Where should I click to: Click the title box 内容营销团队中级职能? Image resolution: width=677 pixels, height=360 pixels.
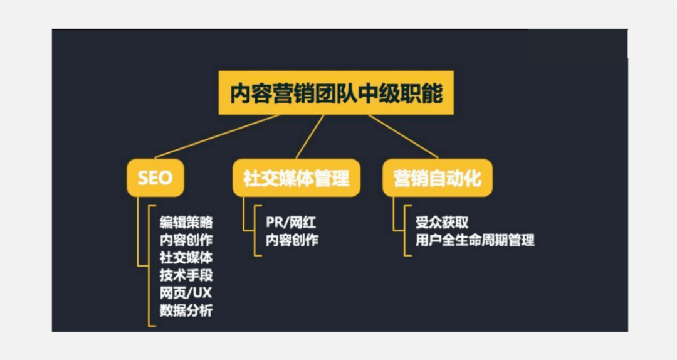point(336,93)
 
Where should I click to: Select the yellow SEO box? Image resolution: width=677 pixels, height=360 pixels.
point(154,177)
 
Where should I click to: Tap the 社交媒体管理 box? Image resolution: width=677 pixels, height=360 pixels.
point(296,177)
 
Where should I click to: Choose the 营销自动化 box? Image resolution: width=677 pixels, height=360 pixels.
point(438,177)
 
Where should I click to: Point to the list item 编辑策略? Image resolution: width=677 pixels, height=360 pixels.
point(186,222)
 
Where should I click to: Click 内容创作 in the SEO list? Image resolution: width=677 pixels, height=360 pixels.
point(186,240)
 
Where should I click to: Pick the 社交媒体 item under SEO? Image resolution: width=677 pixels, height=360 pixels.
point(186,257)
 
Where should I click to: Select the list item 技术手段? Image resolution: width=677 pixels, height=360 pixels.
point(186,275)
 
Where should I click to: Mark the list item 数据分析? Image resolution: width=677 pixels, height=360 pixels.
point(186,310)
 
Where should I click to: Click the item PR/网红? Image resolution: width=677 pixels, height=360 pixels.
point(291,222)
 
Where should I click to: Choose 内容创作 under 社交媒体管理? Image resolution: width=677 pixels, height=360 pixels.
point(292,240)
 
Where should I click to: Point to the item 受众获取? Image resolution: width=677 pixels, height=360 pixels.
point(442,222)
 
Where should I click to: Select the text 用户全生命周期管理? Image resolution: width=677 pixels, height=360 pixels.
point(475,240)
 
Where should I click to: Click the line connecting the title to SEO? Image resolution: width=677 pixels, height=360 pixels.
point(216,135)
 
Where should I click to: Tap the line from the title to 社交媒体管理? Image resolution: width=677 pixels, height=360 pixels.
point(310,136)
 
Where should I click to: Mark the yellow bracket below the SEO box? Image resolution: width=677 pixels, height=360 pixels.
point(149,263)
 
